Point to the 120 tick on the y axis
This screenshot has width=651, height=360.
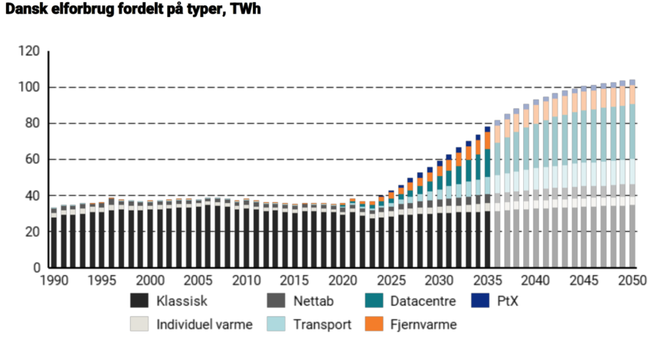coord(28,51)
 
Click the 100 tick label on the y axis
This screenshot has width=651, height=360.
coord(28,87)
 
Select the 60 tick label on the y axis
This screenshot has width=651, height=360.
coord(31,159)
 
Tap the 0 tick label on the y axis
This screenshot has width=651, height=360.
coord(35,268)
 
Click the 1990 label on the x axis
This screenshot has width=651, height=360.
coord(54,281)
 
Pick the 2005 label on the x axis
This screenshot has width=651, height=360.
coord(198,281)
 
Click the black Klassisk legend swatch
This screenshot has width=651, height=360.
coord(139,301)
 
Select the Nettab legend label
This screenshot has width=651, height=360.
coord(304,301)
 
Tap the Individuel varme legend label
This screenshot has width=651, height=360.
coord(204,325)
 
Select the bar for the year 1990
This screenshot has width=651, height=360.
coord(54,238)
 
